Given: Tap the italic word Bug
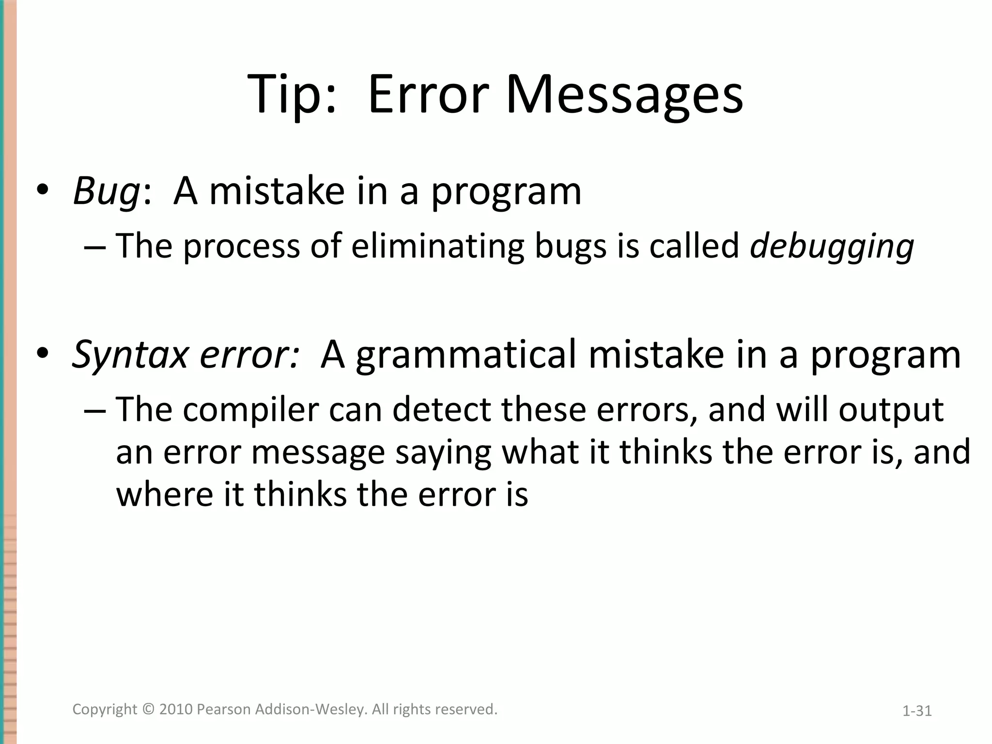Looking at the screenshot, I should [x=106, y=191].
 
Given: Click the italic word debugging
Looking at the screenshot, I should [x=831, y=247].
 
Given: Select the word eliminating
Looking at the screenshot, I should [x=437, y=246].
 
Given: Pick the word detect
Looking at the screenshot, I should [x=441, y=409].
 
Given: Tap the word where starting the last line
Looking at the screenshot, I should [x=164, y=495].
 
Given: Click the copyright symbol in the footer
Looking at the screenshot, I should [x=148, y=709].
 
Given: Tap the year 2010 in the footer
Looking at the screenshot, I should [x=176, y=709].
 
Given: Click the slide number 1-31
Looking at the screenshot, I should [x=917, y=711].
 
